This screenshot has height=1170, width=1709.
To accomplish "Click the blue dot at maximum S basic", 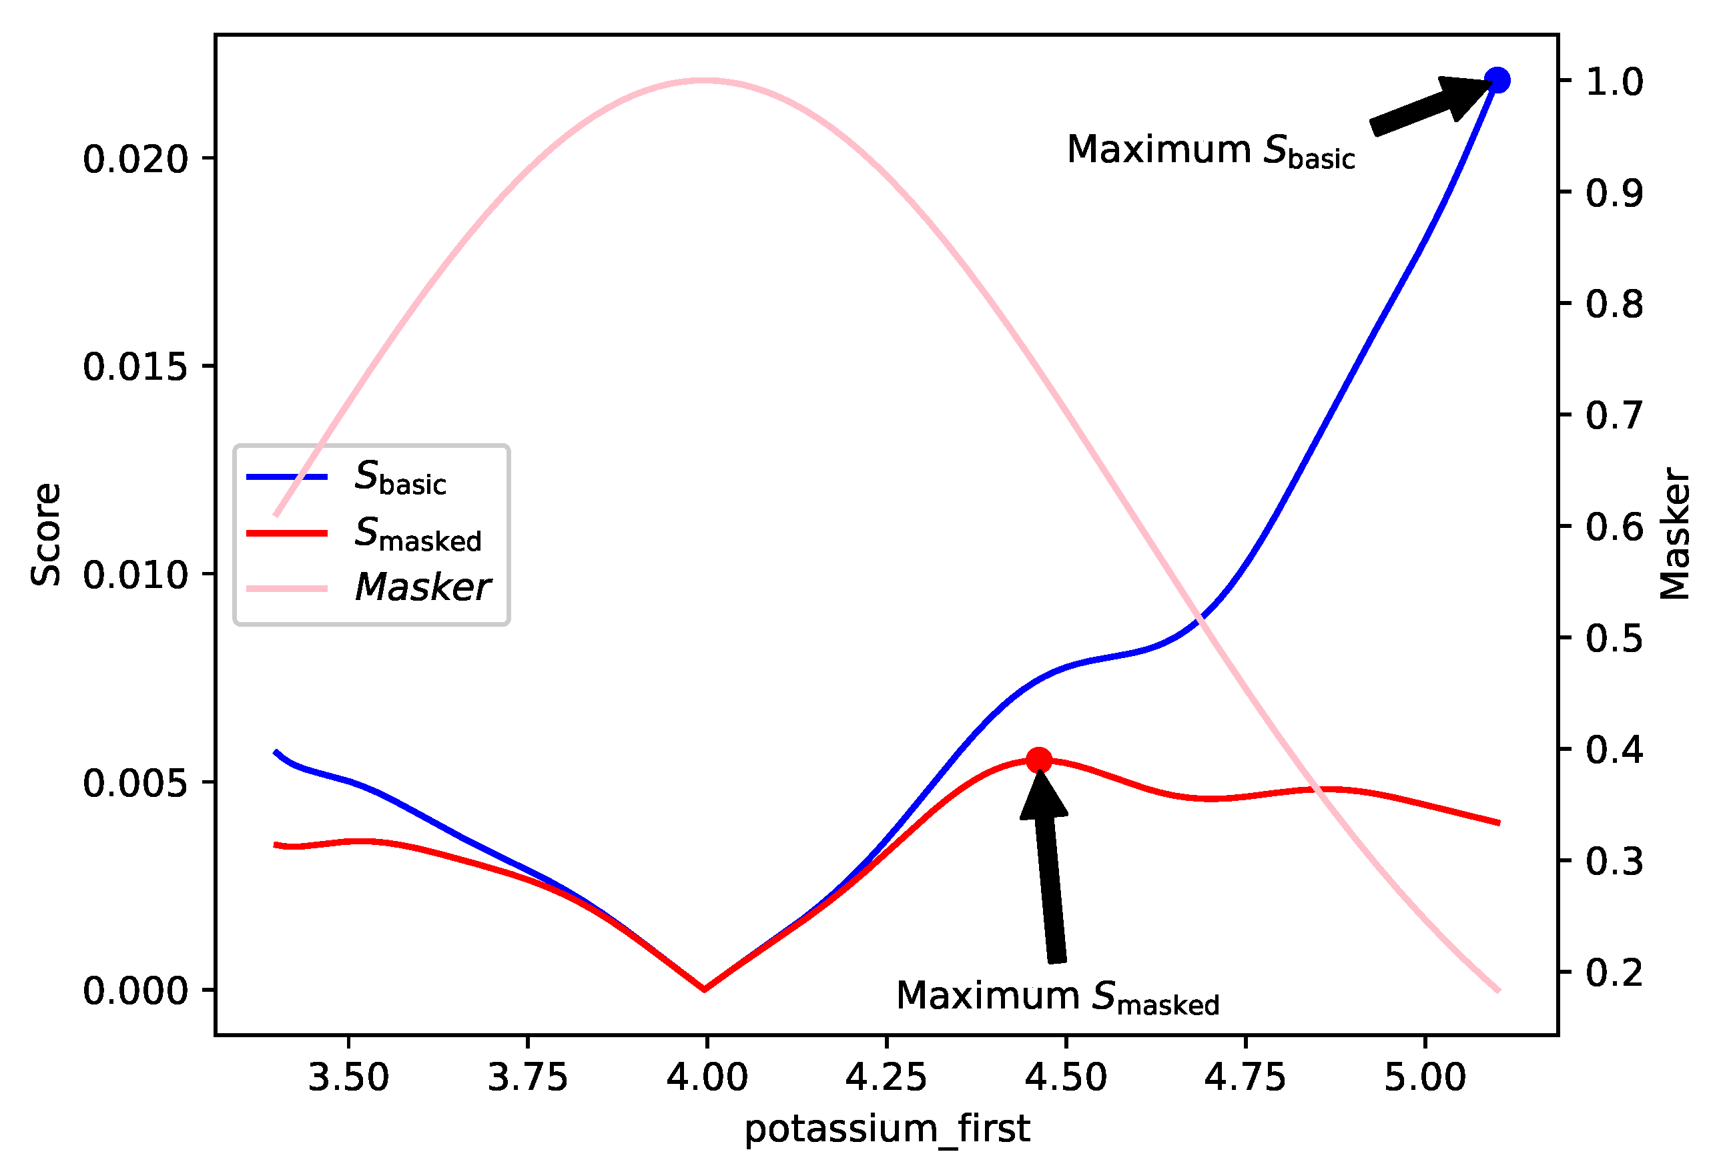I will (x=1497, y=80).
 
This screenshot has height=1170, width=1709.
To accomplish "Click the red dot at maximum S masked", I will (x=1038, y=760).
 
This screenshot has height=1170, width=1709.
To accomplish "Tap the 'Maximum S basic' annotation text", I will (x=1210, y=151).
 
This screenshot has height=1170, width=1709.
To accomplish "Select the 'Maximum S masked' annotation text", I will (x=1057, y=997).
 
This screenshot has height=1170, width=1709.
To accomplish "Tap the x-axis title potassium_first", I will (x=887, y=1129).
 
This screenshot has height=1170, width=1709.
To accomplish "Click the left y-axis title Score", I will (x=45, y=535).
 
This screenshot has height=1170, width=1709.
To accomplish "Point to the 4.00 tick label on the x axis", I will (x=707, y=1078).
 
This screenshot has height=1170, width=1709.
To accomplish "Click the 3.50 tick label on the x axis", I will (x=348, y=1078).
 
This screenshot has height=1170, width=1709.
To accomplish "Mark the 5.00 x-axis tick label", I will (x=1425, y=1078).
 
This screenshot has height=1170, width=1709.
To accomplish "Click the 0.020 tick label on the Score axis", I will (x=136, y=159).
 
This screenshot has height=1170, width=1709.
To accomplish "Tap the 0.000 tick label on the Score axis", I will (x=136, y=990).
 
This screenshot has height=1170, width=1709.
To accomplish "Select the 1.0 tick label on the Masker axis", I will (x=1614, y=81).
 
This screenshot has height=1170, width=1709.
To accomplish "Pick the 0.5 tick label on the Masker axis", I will (x=1614, y=638).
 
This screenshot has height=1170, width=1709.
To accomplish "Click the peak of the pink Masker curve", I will (x=705, y=80).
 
